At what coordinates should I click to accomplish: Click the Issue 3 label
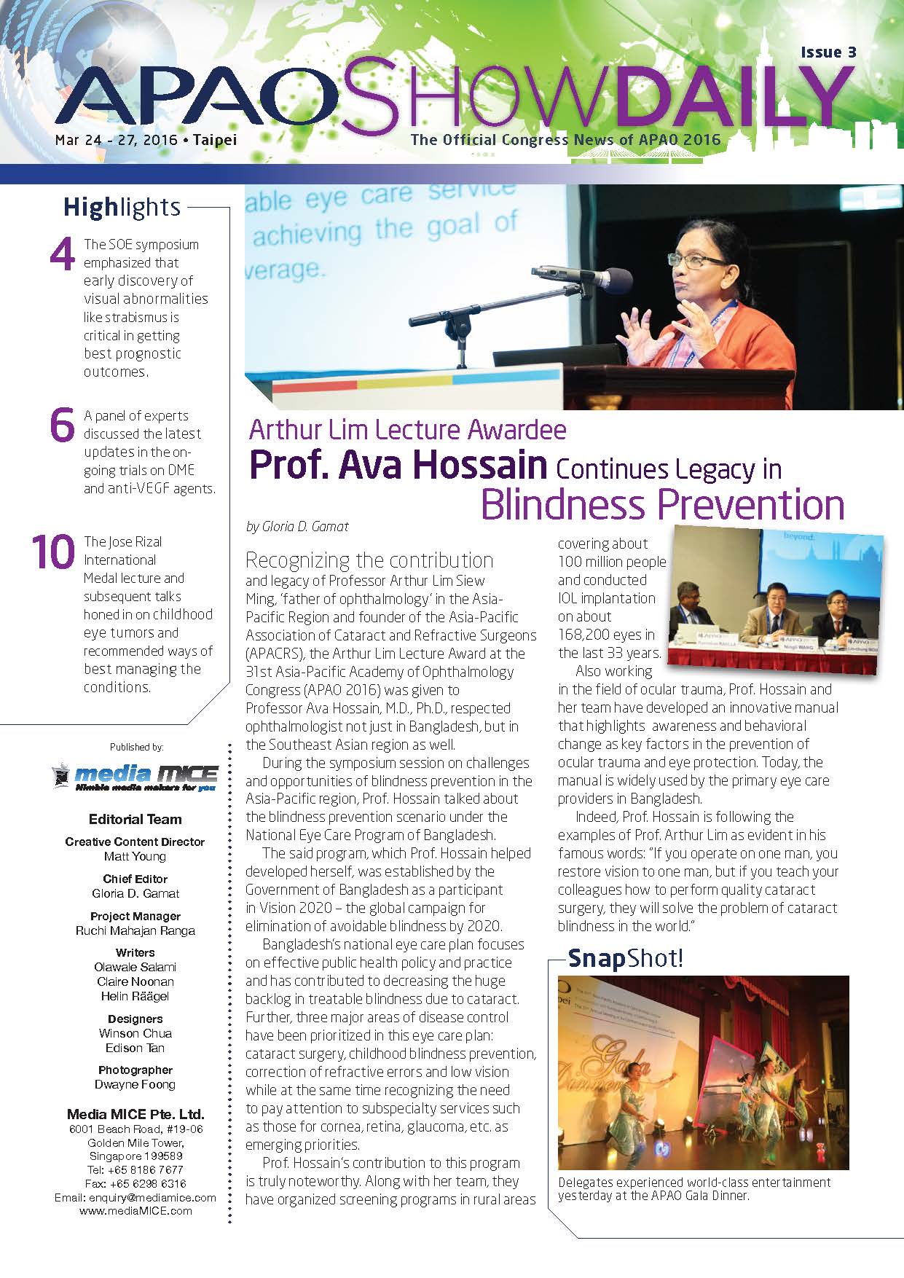point(828,52)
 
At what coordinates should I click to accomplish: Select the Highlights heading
point(122,208)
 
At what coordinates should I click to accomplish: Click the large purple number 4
point(63,256)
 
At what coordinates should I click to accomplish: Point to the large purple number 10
point(53,552)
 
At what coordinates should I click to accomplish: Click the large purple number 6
point(63,426)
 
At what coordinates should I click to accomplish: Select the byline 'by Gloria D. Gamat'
point(297,526)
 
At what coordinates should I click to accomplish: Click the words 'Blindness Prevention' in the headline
point(662,504)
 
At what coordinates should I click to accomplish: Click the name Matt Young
point(135,856)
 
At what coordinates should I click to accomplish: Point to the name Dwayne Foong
point(135,1084)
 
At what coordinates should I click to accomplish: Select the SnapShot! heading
point(625,957)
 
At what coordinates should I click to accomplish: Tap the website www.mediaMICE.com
point(135,1211)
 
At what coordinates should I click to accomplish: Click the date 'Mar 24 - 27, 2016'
point(117,140)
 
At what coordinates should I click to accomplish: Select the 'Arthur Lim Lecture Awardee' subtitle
point(407,430)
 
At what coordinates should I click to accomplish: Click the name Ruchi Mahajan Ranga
point(135,930)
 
